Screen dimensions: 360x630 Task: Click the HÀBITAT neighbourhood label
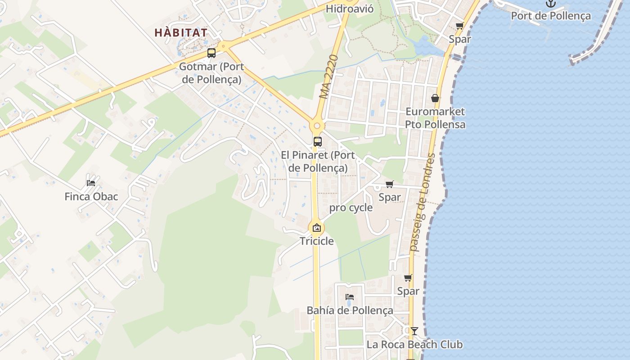click(x=181, y=33)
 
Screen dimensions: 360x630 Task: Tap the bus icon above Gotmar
click(x=211, y=53)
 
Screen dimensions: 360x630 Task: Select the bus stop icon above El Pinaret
click(x=317, y=141)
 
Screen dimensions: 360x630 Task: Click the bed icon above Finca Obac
click(x=91, y=183)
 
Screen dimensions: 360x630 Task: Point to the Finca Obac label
click(x=91, y=197)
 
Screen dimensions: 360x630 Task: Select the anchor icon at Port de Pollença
click(x=550, y=4)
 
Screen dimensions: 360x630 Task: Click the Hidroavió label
click(x=350, y=9)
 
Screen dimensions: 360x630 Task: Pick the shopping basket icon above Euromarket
click(x=435, y=98)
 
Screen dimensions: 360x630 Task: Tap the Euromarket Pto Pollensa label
click(x=435, y=118)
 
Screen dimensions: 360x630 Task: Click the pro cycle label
click(x=351, y=207)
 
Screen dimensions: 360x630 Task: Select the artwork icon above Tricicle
click(x=317, y=228)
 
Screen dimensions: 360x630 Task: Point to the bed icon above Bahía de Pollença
click(x=350, y=297)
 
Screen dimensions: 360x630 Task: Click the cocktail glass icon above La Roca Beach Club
click(x=414, y=331)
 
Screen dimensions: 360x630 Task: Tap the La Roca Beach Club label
click(x=414, y=345)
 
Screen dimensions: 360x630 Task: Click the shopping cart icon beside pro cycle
click(x=390, y=184)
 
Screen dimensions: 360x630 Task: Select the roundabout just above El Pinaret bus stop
click(x=317, y=126)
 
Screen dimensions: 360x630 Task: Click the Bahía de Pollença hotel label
click(x=350, y=310)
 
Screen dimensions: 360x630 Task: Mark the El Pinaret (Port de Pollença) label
click(x=318, y=162)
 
